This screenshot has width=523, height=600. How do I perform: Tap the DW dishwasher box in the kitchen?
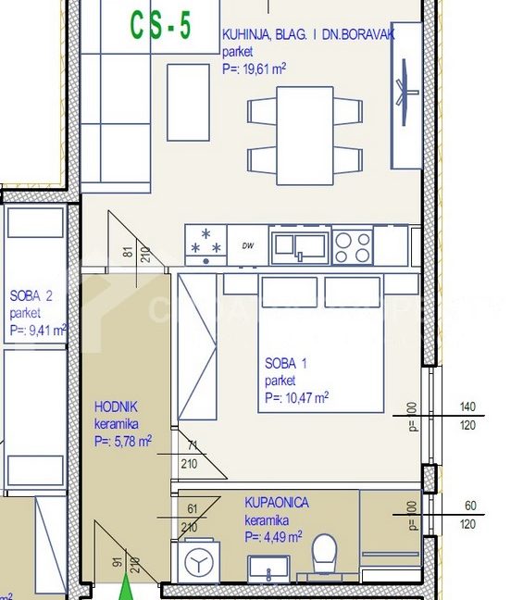click(x=247, y=245)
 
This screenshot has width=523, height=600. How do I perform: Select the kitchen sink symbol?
click(x=298, y=245)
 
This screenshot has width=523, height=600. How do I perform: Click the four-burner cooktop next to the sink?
click(x=352, y=245)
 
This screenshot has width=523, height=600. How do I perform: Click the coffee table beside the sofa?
click(x=188, y=102)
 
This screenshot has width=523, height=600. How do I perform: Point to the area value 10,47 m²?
click(x=296, y=398)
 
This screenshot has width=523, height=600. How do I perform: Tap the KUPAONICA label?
click(x=277, y=502)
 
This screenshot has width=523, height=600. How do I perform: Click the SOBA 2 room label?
click(x=31, y=296)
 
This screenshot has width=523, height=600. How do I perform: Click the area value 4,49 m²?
click(x=273, y=536)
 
